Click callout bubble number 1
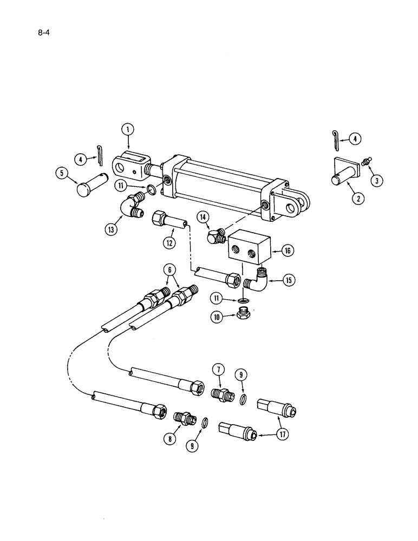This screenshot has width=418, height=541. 128,130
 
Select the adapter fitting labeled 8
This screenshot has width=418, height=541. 185,418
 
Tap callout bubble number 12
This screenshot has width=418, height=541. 169,243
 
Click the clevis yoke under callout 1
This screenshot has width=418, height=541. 130,164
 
